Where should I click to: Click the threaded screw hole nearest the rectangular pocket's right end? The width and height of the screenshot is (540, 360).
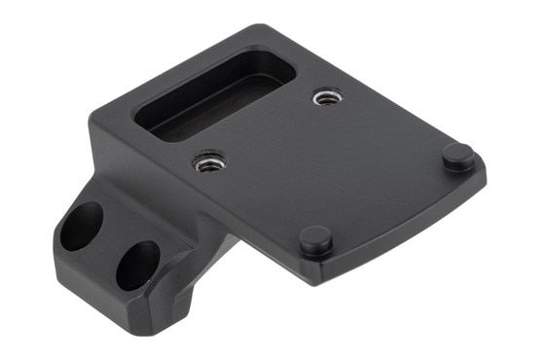point(327,97)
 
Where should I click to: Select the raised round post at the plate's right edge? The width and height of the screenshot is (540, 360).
point(458,156)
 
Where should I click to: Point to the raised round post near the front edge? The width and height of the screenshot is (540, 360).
point(315,239)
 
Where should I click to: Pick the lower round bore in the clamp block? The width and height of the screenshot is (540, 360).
point(137,265)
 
